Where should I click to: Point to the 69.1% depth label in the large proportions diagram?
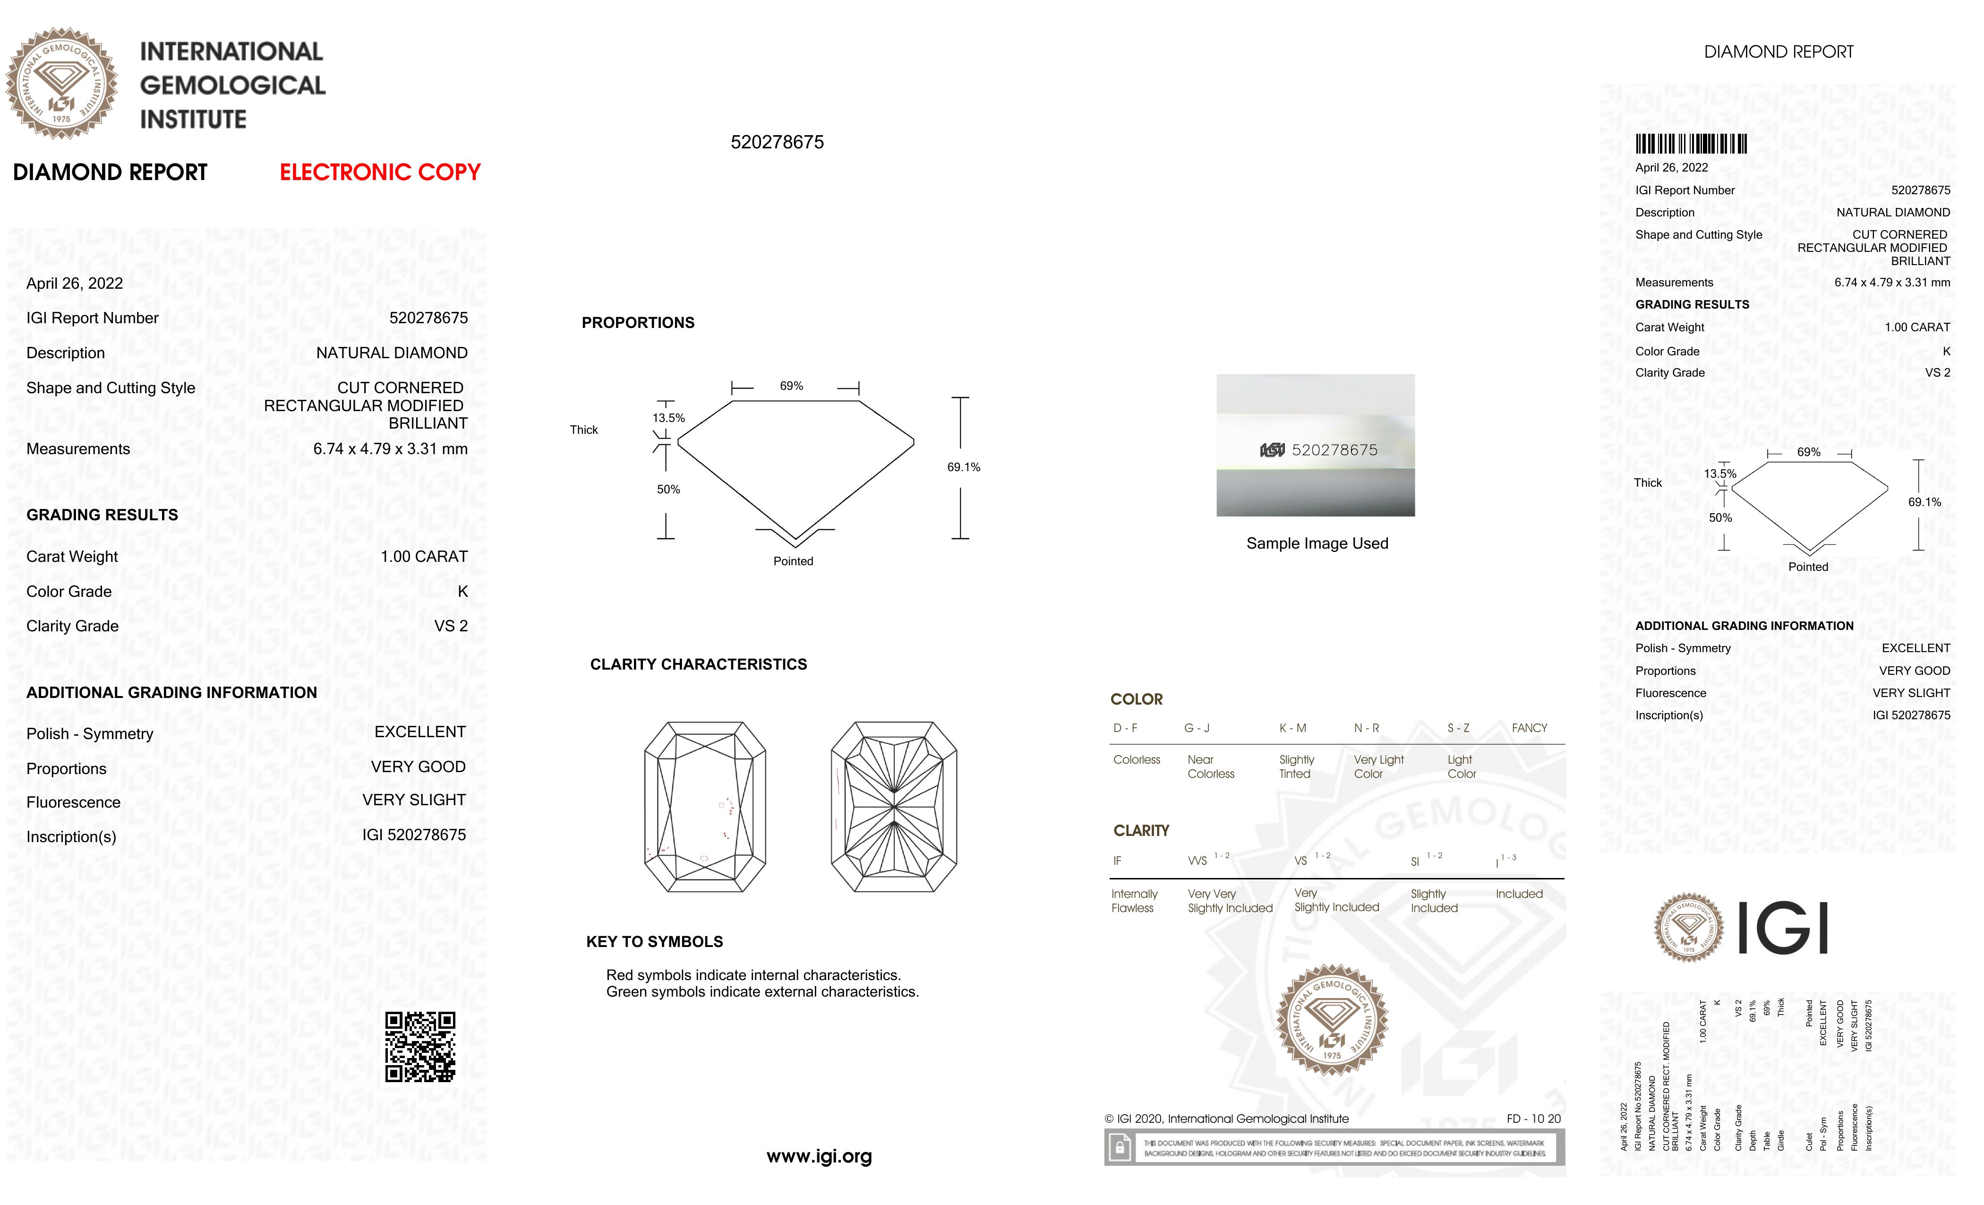point(963,467)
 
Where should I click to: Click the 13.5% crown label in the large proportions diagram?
point(668,418)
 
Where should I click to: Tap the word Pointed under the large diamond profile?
point(793,561)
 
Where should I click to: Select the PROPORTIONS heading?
point(638,323)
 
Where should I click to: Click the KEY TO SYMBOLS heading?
point(654,942)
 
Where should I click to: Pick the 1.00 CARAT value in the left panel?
point(424,557)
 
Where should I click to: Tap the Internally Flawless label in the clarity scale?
point(1134,901)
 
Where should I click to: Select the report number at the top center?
point(777,143)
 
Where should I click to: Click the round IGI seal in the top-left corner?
point(61,83)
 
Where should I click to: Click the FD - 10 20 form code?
point(1533,1119)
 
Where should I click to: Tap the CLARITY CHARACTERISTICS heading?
point(698,664)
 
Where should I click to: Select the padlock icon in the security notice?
point(1119,1147)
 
